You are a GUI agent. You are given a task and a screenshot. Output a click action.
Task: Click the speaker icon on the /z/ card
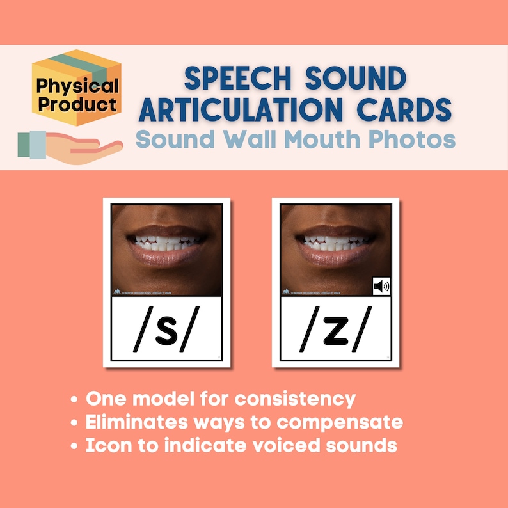pyautogui.click(x=381, y=286)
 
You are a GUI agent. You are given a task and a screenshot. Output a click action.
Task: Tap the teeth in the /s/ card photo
pyautogui.click(x=167, y=243)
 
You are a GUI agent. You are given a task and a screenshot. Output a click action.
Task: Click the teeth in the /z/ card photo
pyautogui.click(x=335, y=243)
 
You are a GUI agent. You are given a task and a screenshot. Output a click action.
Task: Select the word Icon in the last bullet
pyautogui.click(x=106, y=445)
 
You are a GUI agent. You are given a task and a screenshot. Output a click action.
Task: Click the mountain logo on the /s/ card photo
pyautogui.click(x=117, y=291)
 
